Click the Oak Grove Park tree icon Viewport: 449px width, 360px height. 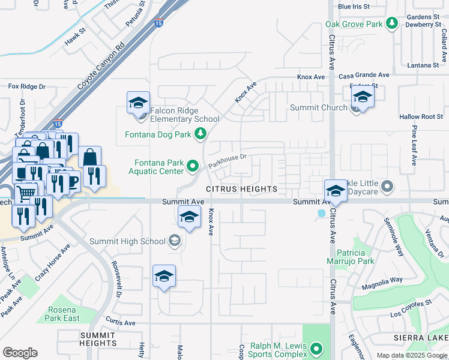pyautogui.click(x=392, y=24)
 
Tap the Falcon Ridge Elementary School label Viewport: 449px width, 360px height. pyautogui.click(x=185, y=115)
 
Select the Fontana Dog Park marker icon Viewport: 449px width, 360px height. pyautogui.click(x=200, y=134)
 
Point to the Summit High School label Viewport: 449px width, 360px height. pyautogui.click(x=127, y=241)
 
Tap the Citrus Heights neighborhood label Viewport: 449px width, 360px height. pyautogui.click(x=242, y=189)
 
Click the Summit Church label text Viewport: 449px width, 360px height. pyautogui.click(x=318, y=107)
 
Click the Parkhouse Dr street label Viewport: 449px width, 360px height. pyautogui.click(x=228, y=160)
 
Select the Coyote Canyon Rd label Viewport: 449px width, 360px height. pyautogui.click(x=101, y=66)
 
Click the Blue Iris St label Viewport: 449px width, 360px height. pyautogui.click(x=354, y=7)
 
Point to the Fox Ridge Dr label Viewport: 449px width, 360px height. pyautogui.click(x=27, y=86)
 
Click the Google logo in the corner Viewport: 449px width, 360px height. pyautogui.click(x=20, y=352)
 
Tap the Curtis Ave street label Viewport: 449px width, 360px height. pyautogui.click(x=120, y=322)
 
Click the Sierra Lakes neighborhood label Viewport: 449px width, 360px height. pyautogui.click(x=421, y=338)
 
